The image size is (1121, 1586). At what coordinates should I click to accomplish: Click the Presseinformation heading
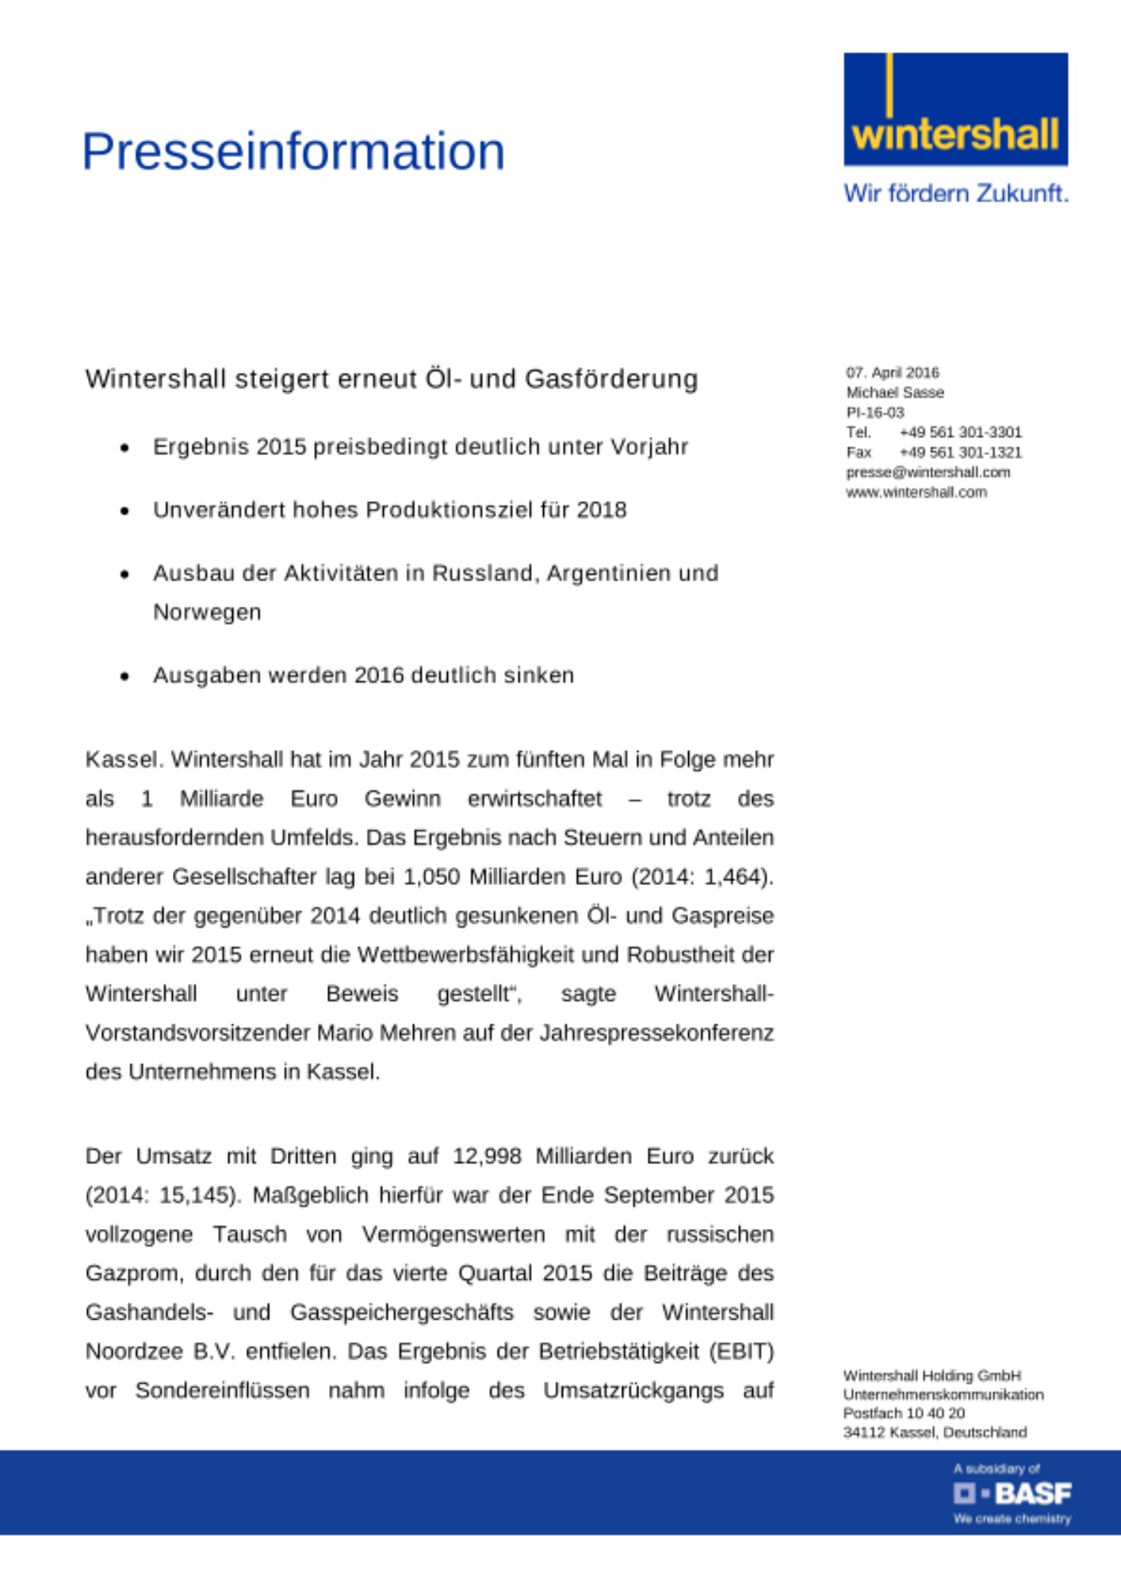click(293, 151)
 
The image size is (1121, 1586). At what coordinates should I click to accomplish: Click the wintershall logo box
click(955, 109)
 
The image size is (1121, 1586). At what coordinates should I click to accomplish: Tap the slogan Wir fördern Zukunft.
click(955, 193)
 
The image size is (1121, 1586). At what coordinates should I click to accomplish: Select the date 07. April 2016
click(892, 373)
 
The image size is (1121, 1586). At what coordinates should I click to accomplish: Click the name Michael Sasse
click(894, 393)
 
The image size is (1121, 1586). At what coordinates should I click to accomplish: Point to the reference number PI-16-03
click(874, 412)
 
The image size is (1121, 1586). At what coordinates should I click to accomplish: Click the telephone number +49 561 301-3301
click(960, 432)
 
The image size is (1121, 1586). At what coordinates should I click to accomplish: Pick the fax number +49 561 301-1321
click(960, 452)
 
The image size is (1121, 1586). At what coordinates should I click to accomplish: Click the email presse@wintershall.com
click(928, 473)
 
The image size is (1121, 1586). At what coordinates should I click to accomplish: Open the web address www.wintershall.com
click(916, 492)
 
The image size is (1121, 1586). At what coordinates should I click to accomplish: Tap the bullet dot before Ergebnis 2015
click(124, 449)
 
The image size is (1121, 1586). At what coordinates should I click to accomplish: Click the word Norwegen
click(207, 612)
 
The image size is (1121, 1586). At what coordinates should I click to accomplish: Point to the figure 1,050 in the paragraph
click(431, 877)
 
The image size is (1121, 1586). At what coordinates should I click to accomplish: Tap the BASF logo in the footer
click(1012, 1494)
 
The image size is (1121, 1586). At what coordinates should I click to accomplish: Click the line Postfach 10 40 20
click(904, 1413)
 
